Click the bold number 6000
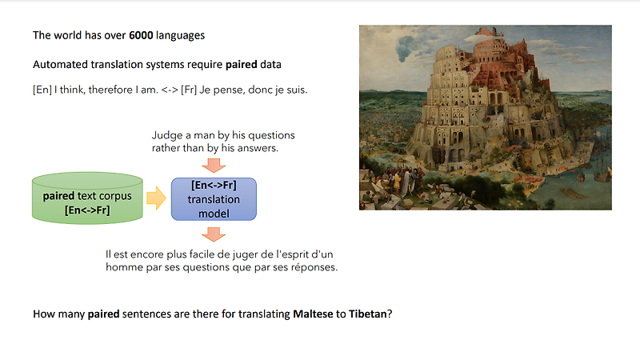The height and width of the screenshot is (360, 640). [x=141, y=35]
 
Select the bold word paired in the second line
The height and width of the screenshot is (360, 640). [x=242, y=65]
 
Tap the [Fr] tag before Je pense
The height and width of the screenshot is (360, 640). [x=189, y=90]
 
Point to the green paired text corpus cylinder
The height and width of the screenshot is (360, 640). [x=87, y=198]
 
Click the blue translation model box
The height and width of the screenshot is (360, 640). [x=214, y=199]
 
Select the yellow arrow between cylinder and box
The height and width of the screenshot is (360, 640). [x=156, y=198]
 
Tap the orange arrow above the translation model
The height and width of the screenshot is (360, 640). [x=214, y=165]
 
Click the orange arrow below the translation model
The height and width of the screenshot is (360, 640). [x=214, y=234]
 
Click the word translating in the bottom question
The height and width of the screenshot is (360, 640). [x=264, y=314]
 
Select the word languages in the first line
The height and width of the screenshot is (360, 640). [x=181, y=36]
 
